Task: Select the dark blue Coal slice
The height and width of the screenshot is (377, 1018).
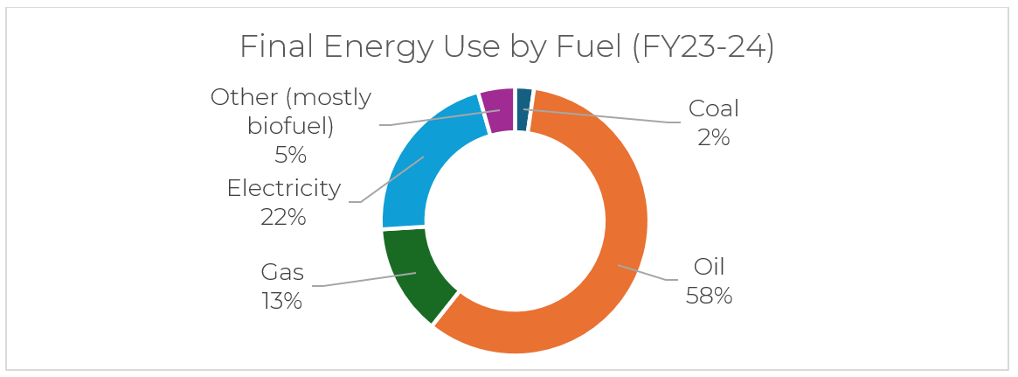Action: pyautogui.click(x=523, y=109)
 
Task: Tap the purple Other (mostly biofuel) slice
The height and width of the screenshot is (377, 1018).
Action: pyautogui.click(x=497, y=111)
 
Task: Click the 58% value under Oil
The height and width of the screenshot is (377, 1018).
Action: pyautogui.click(x=709, y=296)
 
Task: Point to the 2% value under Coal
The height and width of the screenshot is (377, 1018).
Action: pyautogui.click(x=714, y=138)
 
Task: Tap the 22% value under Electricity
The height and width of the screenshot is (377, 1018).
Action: pyautogui.click(x=283, y=217)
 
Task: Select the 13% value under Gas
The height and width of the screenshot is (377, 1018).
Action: pyautogui.click(x=281, y=302)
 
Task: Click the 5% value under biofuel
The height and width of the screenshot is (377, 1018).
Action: pyautogui.click(x=291, y=156)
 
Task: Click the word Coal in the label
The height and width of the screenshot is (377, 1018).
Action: pyautogui.click(x=714, y=109)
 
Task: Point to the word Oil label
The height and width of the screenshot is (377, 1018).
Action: pyautogui.click(x=710, y=267)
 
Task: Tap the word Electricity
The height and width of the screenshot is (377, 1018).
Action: pyautogui.click(x=283, y=188)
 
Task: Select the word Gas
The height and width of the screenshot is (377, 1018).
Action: pyautogui.click(x=282, y=273)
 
